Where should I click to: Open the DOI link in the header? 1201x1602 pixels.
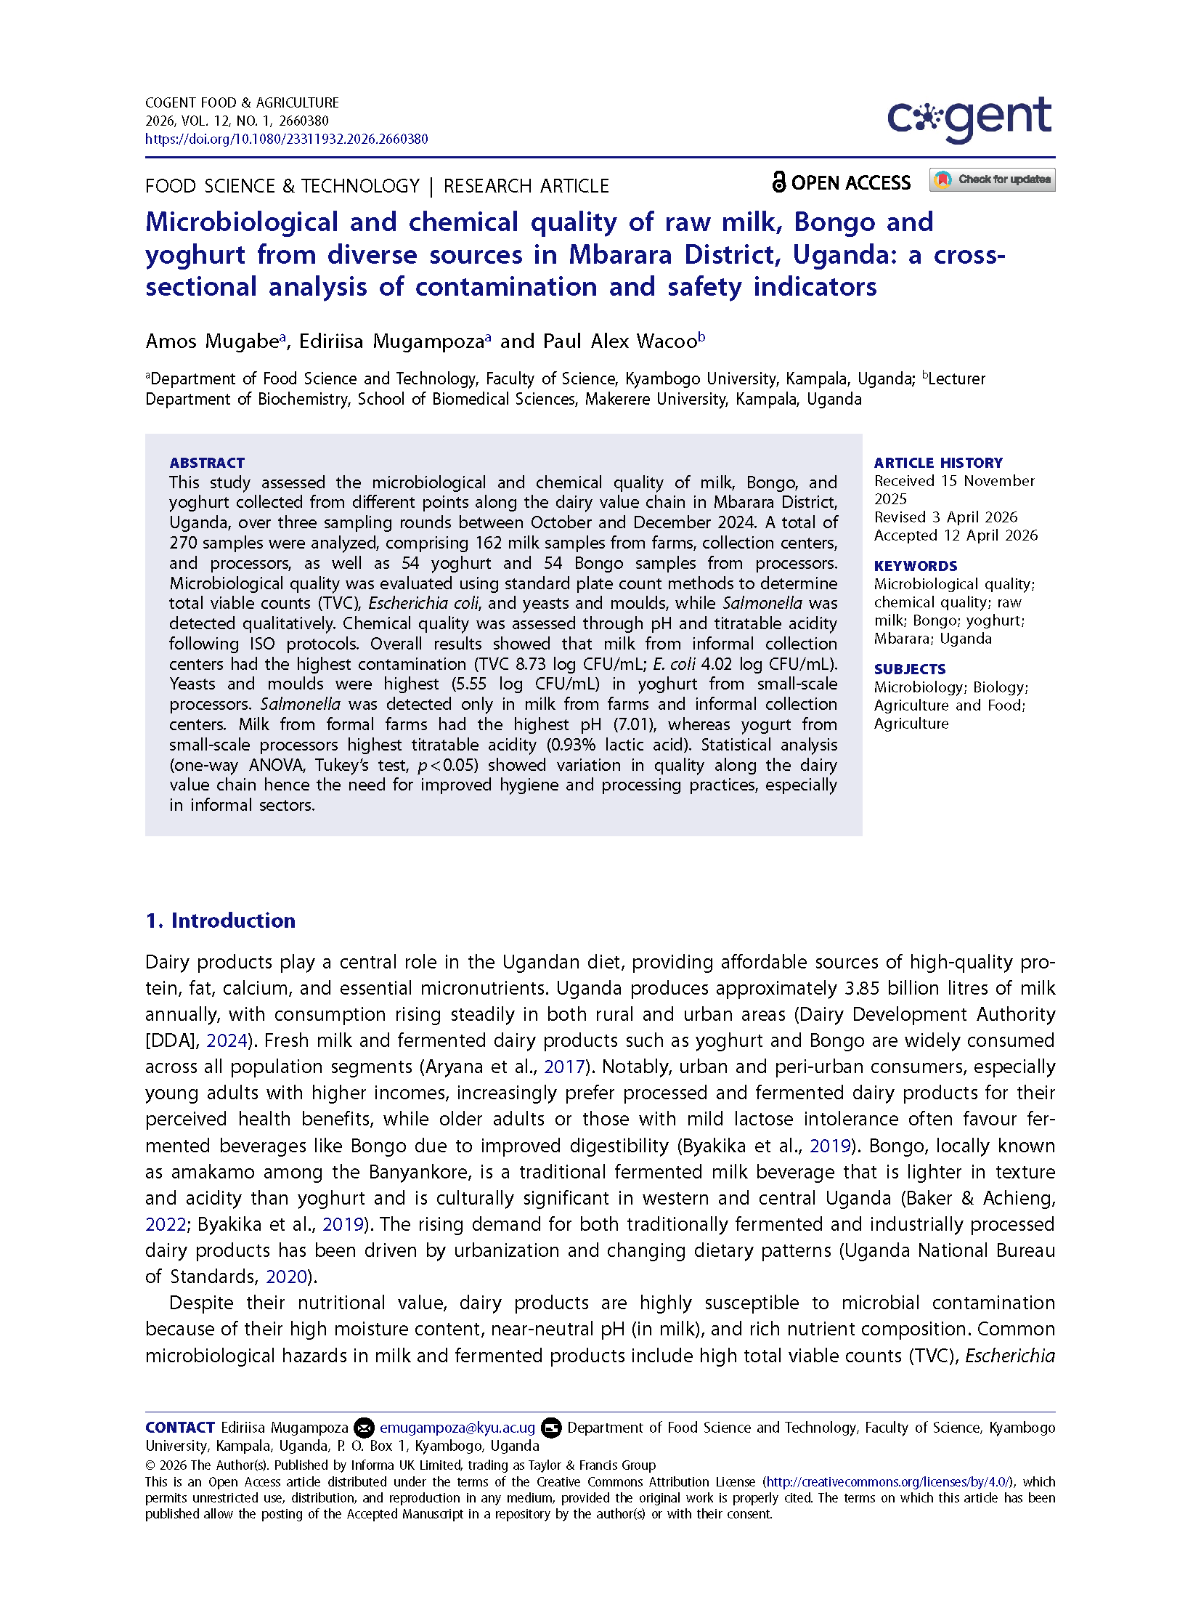click(x=286, y=139)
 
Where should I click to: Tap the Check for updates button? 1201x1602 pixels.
click(x=991, y=179)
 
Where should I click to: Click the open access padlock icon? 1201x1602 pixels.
click(x=778, y=182)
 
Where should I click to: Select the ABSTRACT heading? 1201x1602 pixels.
click(x=207, y=463)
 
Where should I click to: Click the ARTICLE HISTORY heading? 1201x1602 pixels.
click(x=937, y=463)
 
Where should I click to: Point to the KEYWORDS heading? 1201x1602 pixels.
click(x=915, y=566)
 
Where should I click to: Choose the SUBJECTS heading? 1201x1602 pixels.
click(x=909, y=669)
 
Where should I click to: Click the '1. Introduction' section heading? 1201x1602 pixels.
click(x=220, y=921)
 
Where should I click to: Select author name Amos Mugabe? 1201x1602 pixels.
click(x=212, y=341)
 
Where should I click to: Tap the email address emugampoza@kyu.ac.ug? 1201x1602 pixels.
click(x=457, y=1428)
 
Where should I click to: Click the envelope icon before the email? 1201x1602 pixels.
click(x=364, y=1428)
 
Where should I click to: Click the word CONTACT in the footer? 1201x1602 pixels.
click(x=179, y=1428)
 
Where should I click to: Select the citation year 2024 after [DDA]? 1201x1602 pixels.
click(x=227, y=1040)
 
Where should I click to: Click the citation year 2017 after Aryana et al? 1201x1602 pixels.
click(x=564, y=1067)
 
